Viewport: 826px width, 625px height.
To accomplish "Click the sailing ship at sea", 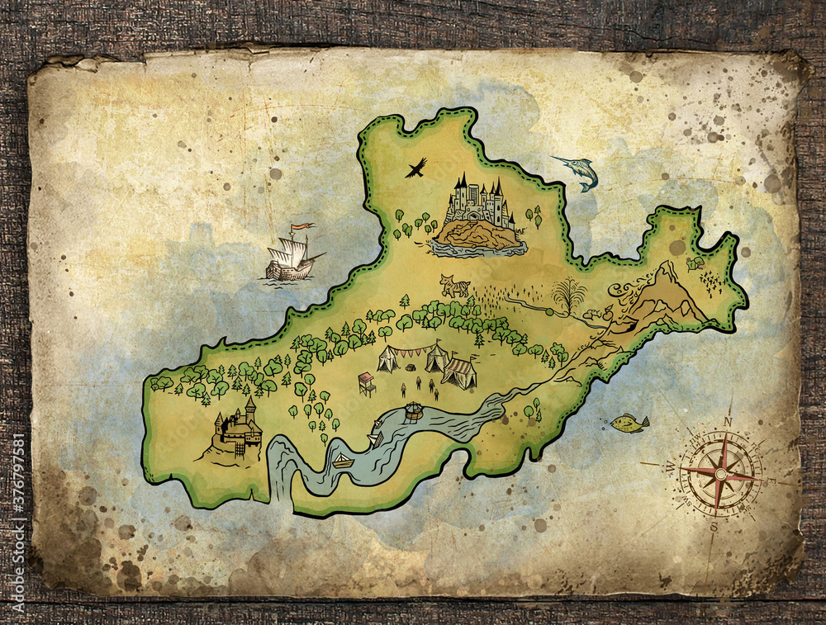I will [292, 258].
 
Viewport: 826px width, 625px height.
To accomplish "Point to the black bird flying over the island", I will [415, 168].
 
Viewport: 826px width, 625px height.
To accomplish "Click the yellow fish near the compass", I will [629, 424].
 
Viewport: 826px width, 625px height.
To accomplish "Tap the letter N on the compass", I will [728, 420].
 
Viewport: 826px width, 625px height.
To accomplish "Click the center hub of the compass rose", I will [721, 475].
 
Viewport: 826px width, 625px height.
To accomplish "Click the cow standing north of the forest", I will [454, 286].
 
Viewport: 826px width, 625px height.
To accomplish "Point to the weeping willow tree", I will [568, 296].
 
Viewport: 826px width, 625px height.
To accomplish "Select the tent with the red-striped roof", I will [459, 373].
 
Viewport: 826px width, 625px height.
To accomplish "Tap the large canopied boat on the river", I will [413, 410].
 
